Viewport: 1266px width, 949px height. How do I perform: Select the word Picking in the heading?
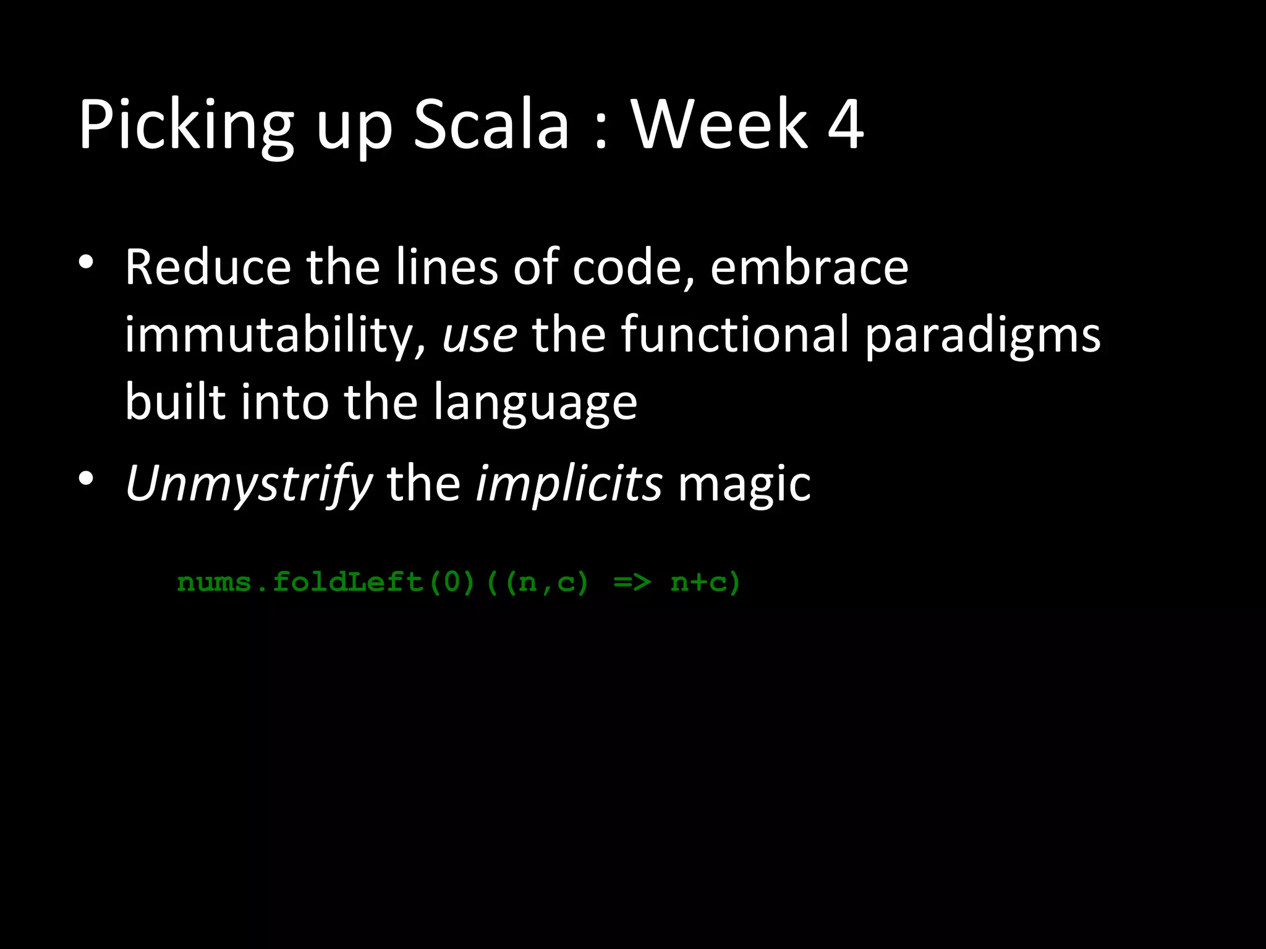click(x=185, y=127)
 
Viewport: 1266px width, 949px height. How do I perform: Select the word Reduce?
click(x=208, y=267)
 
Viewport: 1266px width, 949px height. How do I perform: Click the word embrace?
click(x=809, y=267)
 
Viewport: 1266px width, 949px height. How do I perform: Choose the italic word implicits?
click(x=569, y=484)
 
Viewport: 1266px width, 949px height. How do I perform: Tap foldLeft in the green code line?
click(x=348, y=582)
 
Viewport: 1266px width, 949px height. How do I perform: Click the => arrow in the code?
click(x=632, y=582)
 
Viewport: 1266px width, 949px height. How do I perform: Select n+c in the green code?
click(x=699, y=582)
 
